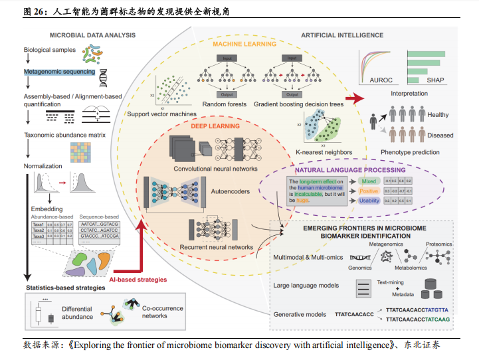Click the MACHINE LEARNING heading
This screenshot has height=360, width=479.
pyautogui.click(x=244, y=45)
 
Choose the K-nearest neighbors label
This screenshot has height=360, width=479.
pyautogui.click(x=324, y=152)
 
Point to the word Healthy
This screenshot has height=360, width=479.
pyautogui.click(x=438, y=115)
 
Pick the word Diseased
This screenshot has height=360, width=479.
pyautogui.click(x=440, y=135)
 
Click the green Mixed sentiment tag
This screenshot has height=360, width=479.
pyautogui.click(x=369, y=181)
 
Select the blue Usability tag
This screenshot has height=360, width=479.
pyautogui.click(x=369, y=201)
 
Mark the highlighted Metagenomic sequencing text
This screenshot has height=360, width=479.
pyautogui.click(x=59, y=71)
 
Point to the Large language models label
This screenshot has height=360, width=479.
pyautogui.click(x=306, y=286)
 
